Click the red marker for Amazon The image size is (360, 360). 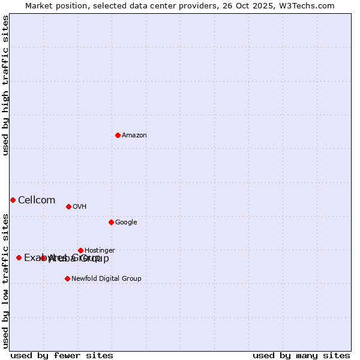point(118,135)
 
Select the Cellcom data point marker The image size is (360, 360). point(13,200)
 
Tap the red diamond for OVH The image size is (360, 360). point(68,206)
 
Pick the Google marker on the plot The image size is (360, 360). point(111,222)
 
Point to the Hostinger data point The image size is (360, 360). point(80,250)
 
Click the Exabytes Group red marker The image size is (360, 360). point(19,257)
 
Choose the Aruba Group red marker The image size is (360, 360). point(43,258)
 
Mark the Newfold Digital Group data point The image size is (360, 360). point(67,278)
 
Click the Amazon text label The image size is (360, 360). point(134,136)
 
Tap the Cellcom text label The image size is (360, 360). point(37,200)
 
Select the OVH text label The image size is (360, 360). point(80,207)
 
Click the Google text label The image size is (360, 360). point(126,223)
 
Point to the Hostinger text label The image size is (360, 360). point(100,251)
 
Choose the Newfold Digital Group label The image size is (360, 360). point(106,279)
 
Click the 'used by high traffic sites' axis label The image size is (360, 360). point(6,85)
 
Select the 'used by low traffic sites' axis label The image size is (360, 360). point(6,281)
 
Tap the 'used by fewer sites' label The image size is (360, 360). point(62,355)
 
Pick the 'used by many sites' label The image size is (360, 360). point(301,355)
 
